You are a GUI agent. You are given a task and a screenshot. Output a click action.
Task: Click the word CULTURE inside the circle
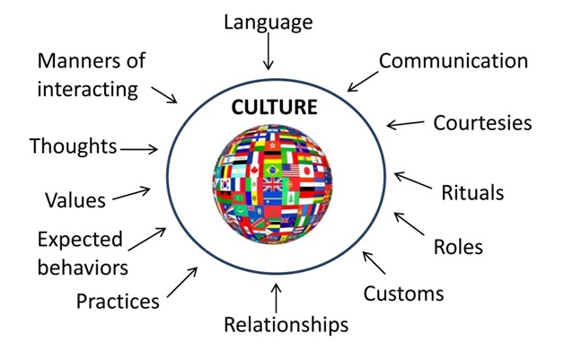[x=274, y=107]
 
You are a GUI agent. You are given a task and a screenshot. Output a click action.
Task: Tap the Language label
[x=269, y=22]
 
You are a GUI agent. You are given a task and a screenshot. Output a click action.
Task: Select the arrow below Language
[x=268, y=51]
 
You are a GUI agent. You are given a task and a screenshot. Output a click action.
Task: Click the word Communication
[x=454, y=61]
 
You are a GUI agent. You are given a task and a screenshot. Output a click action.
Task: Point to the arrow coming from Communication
[x=363, y=82]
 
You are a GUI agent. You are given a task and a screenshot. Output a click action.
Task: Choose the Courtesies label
[x=482, y=123]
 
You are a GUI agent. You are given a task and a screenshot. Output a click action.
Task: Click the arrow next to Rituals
[x=412, y=180]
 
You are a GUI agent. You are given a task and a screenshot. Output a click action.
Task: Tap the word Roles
[x=458, y=247]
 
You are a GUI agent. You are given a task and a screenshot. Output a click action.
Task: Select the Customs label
[x=403, y=294]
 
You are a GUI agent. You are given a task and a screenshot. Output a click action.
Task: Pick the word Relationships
[x=286, y=325]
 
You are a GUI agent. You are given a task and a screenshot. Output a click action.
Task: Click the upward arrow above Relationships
[x=276, y=298]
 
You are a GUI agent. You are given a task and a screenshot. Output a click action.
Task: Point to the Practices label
[x=118, y=301]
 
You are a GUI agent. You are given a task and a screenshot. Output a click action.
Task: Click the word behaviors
[x=83, y=268]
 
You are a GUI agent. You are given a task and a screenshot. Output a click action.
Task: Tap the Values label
[x=75, y=200]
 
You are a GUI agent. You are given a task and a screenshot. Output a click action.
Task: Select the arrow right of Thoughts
[x=139, y=149]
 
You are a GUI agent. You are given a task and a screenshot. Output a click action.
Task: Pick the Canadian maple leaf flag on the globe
[x=254, y=170]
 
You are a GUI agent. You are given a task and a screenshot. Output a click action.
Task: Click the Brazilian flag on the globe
[x=273, y=170]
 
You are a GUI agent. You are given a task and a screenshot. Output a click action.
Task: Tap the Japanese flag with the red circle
[x=306, y=171]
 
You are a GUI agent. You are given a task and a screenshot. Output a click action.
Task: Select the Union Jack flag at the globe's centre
[x=273, y=185]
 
